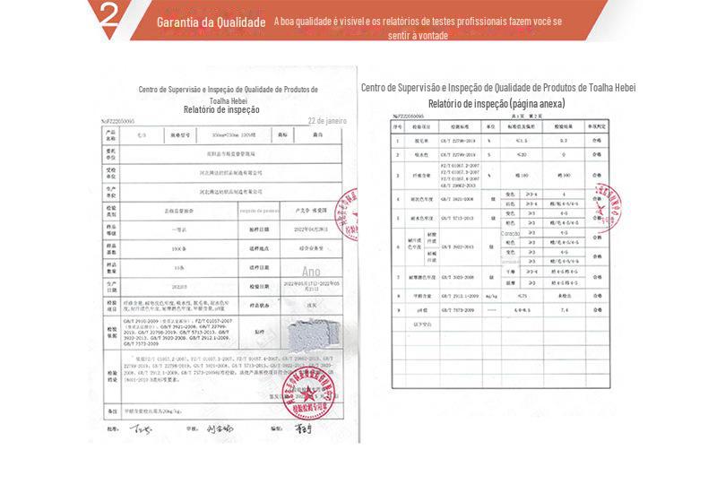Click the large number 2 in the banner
point(109,17)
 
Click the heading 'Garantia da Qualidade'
point(211,22)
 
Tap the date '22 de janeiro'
point(327,120)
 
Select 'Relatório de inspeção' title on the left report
point(221,110)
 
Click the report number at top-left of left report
point(117,120)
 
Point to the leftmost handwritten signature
point(138,428)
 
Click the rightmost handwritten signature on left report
point(302,428)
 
